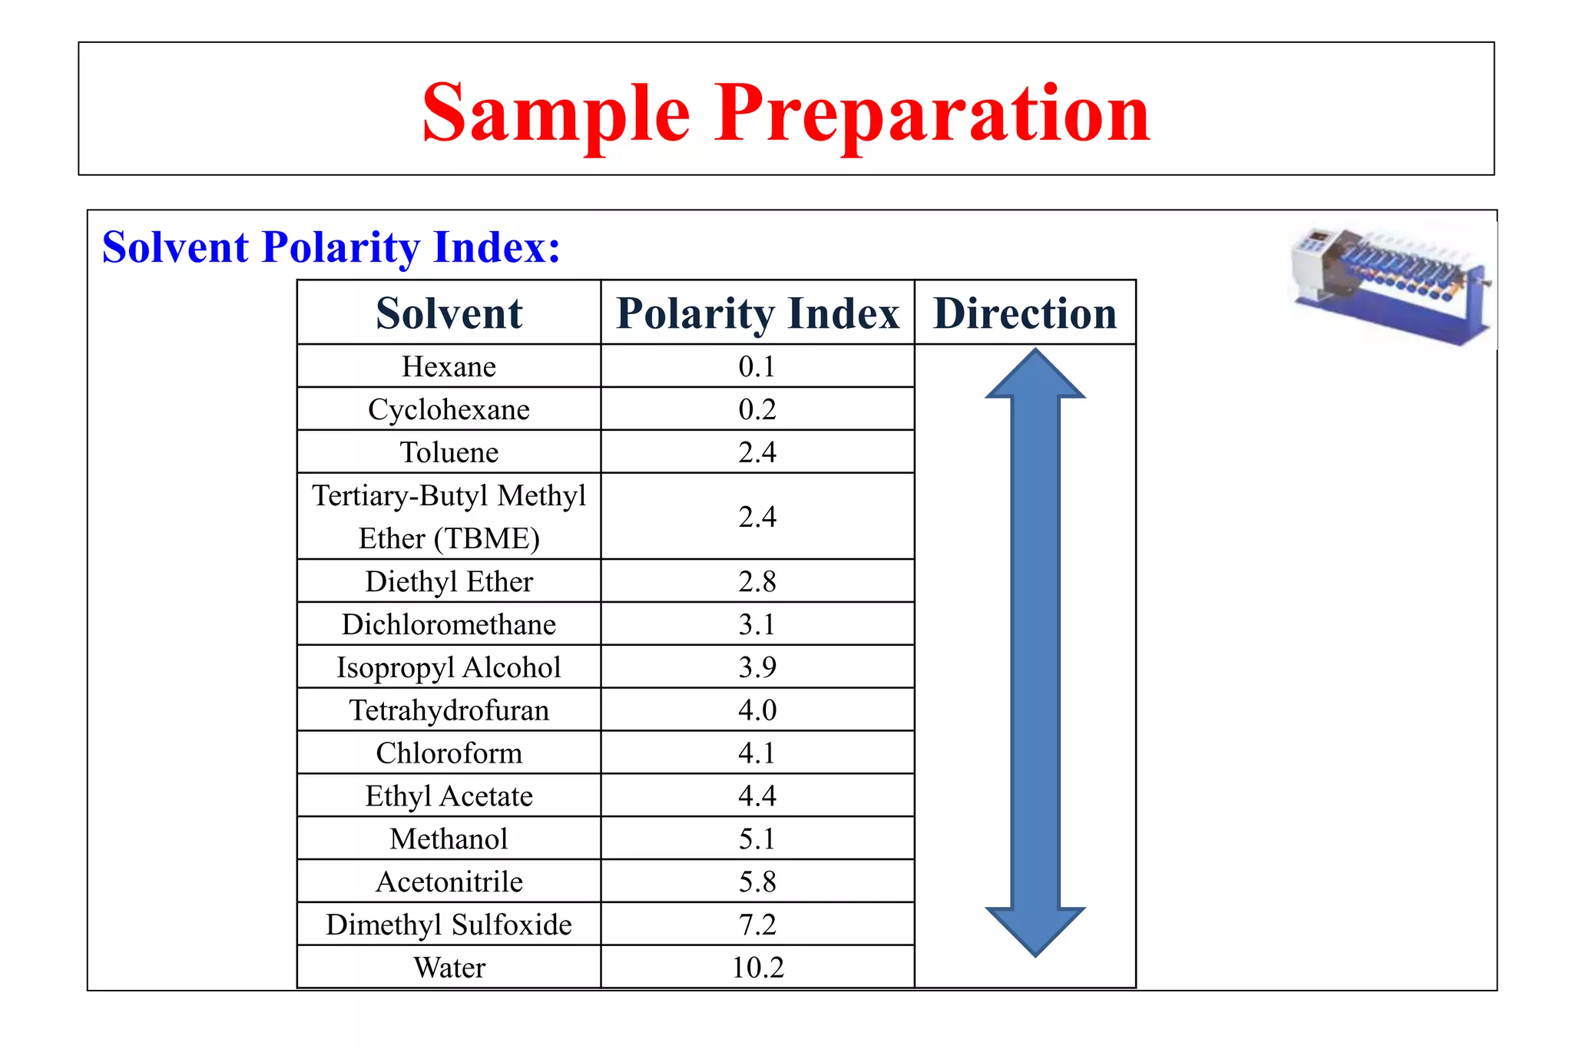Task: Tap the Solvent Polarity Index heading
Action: [x=331, y=247]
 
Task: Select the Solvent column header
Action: [x=449, y=313]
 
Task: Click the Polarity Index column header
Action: [x=757, y=313]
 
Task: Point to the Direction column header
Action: [x=1025, y=313]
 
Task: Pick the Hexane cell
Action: [x=449, y=366]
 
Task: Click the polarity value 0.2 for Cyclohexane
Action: [x=757, y=409]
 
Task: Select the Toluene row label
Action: [x=449, y=452]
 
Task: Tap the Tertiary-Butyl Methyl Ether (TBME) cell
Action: [x=449, y=517]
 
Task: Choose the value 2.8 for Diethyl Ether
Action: [x=757, y=581]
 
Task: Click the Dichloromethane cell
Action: [x=449, y=624]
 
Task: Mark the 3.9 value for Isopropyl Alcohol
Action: [x=757, y=667]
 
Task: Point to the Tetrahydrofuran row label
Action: [x=449, y=710]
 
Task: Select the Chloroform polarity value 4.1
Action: [x=757, y=753]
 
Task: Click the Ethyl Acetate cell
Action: [x=449, y=796]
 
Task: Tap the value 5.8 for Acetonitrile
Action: [x=757, y=882]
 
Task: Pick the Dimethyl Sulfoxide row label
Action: [x=449, y=925]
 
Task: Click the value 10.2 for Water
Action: [x=757, y=968]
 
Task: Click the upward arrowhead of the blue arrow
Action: [x=1035, y=377]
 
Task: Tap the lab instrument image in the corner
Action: [x=1390, y=284]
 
